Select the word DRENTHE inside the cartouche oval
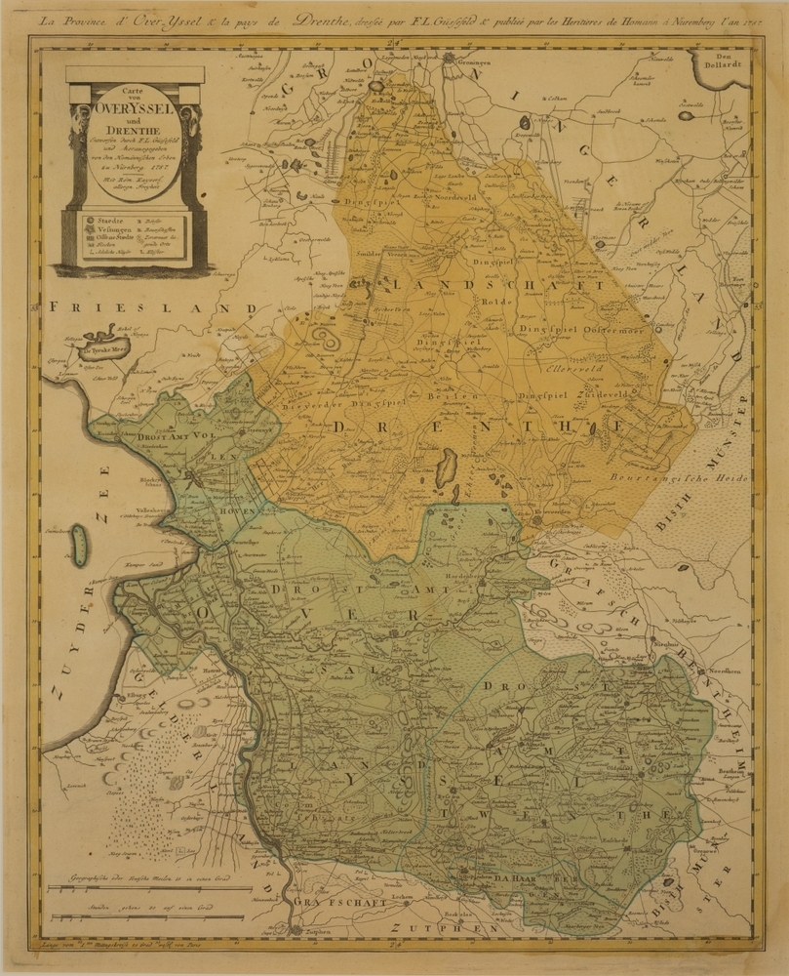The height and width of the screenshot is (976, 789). coord(133,138)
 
